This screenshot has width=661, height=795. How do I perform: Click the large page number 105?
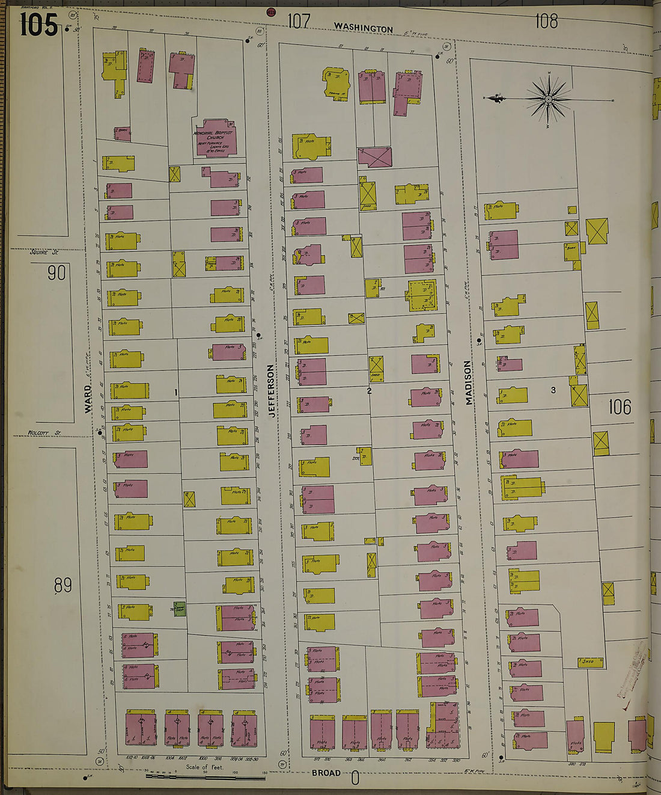38,25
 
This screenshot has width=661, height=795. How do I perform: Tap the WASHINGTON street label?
363,28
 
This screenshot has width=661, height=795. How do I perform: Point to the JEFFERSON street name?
272,391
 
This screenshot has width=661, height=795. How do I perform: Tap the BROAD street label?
326,773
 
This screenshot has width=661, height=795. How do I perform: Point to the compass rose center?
548,99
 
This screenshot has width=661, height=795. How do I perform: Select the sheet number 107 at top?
299,22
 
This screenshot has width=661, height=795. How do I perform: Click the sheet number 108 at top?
546,22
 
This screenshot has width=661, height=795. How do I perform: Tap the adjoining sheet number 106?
620,407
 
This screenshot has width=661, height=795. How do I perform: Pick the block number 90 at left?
56,273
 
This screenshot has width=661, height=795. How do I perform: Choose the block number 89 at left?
62,585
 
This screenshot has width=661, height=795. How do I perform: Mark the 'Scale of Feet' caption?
204,767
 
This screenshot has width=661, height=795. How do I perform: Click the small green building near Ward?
179,608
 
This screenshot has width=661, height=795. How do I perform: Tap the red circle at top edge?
271,11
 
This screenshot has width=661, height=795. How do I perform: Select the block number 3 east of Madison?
553,390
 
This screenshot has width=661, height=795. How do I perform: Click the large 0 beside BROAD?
355,779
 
